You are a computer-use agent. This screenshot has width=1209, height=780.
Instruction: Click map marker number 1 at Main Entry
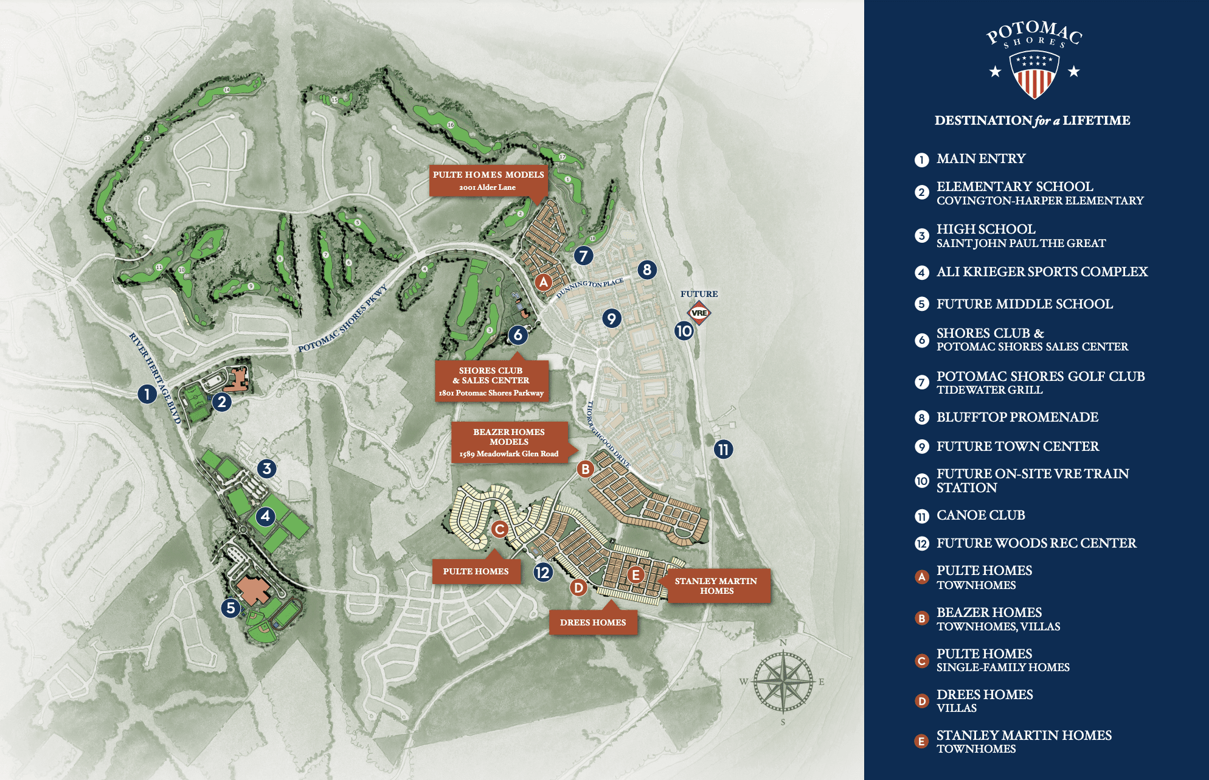point(147,394)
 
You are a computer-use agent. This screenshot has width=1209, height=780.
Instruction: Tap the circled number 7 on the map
point(583,256)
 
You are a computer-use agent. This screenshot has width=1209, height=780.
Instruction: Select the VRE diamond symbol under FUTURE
point(699,313)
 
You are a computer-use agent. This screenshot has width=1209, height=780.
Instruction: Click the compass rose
point(783,681)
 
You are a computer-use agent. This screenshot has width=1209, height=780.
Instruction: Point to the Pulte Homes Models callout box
point(488,180)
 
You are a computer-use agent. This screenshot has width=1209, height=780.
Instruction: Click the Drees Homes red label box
point(593,622)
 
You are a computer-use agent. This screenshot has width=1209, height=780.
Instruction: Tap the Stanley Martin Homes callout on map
point(716,586)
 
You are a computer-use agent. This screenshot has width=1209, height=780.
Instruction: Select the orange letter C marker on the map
point(499,529)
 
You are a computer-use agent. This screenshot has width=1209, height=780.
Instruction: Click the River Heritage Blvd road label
point(156,378)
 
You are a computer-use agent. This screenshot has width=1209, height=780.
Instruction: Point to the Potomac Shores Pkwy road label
point(342,319)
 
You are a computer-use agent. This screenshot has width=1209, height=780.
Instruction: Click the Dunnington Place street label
point(589,287)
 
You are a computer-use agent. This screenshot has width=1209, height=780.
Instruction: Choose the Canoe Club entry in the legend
point(980,515)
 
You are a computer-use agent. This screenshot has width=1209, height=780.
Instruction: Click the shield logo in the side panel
point(1034,74)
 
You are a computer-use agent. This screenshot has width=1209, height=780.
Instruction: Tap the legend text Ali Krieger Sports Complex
point(1042,272)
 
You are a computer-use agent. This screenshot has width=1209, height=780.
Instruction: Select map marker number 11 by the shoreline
point(723,450)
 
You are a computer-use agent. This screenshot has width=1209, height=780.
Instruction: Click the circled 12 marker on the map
point(542,572)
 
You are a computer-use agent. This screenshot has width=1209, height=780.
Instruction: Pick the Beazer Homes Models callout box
point(509,442)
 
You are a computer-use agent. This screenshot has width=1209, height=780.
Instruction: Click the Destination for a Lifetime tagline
point(1032,120)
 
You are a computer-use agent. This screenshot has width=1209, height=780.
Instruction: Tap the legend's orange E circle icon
point(922,741)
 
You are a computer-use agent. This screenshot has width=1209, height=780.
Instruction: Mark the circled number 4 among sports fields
point(265,517)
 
